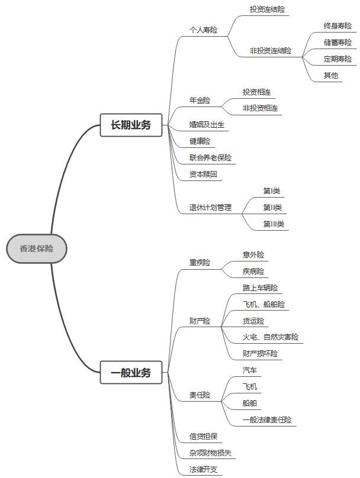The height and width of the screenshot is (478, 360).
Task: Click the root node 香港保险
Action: click(x=37, y=249)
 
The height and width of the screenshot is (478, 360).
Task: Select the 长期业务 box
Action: click(x=131, y=125)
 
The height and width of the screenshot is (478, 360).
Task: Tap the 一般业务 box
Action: click(x=131, y=373)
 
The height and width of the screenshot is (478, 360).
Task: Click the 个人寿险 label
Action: click(x=203, y=30)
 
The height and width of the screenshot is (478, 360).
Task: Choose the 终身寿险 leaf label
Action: click(x=337, y=26)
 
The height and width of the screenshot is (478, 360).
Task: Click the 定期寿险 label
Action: click(x=337, y=59)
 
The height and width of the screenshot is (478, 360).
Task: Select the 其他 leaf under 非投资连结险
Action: click(x=330, y=76)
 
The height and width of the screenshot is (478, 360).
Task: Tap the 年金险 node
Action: click(x=200, y=101)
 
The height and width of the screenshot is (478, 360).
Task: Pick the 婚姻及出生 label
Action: click(x=207, y=125)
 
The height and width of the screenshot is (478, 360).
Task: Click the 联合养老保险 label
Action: click(x=210, y=158)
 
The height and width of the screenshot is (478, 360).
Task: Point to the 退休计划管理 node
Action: click(x=210, y=208)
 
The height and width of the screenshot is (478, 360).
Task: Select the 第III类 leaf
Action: click(x=274, y=224)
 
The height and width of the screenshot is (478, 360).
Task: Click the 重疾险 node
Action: click(x=200, y=263)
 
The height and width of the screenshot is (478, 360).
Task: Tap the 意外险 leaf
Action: click(x=253, y=255)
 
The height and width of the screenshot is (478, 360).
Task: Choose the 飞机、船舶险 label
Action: click(x=263, y=305)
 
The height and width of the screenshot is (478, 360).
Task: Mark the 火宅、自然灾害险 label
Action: click(x=271, y=337)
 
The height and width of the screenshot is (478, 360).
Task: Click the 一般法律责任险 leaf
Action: click(x=267, y=420)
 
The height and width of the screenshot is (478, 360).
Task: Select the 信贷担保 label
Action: click(x=203, y=437)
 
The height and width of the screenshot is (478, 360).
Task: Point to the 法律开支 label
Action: click(x=203, y=470)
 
